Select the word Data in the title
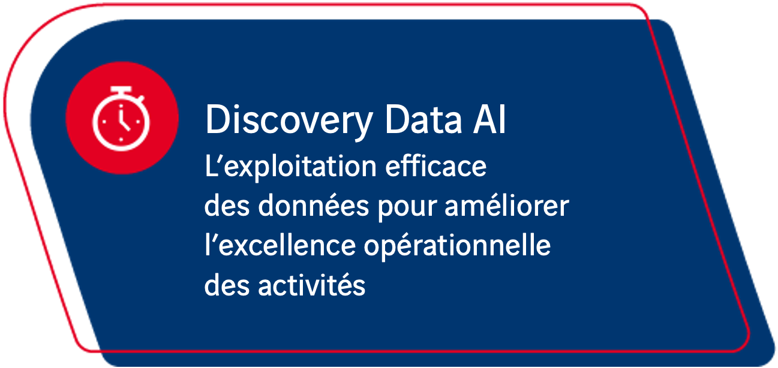(x=423, y=119)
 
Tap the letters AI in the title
(x=489, y=119)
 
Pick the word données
(x=313, y=206)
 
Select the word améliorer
(x=507, y=206)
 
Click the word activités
(x=311, y=285)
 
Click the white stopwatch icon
(x=121, y=119)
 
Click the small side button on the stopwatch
(x=140, y=99)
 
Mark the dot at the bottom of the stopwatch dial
(x=121, y=139)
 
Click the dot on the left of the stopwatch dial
(x=104, y=122)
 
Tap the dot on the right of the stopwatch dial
(x=138, y=122)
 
